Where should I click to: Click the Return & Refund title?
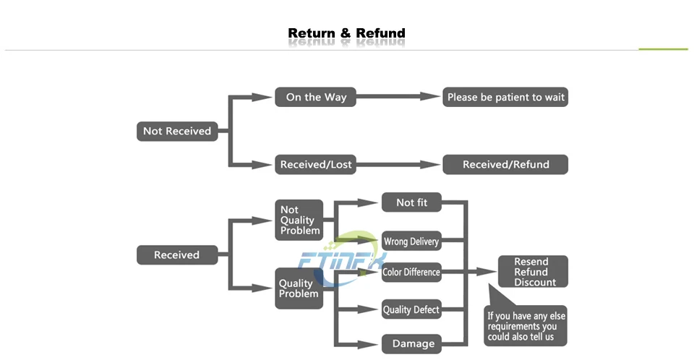coord(346,33)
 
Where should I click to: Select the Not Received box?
coord(177,131)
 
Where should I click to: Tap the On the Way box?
coord(316,97)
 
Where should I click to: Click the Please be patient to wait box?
coord(505,97)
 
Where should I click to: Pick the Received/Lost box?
coord(316,164)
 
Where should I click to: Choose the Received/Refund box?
coord(505,164)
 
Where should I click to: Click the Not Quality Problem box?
coord(299,220)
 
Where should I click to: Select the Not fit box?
coord(411,202)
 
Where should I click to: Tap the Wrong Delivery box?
coord(411,241)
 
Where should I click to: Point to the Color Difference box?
coord(411,272)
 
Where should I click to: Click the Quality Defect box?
coord(411,309)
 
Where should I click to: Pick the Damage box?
coord(411,343)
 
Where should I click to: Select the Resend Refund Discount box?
coord(533,271)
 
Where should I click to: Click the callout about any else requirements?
coord(526,325)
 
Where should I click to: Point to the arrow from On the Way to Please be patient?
coord(398,97)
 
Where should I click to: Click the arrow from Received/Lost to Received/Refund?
coord(398,164)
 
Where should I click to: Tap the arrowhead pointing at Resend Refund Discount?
coord(486,271)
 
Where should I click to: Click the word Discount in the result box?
coord(535,283)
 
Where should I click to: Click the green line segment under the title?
coord(663,49)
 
